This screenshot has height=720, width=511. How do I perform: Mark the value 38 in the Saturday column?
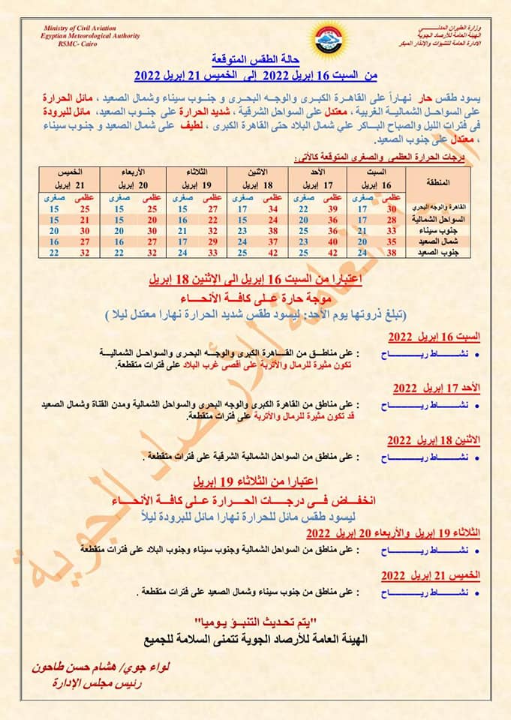(x=390, y=253)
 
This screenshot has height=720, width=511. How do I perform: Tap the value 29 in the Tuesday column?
(x=212, y=241)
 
